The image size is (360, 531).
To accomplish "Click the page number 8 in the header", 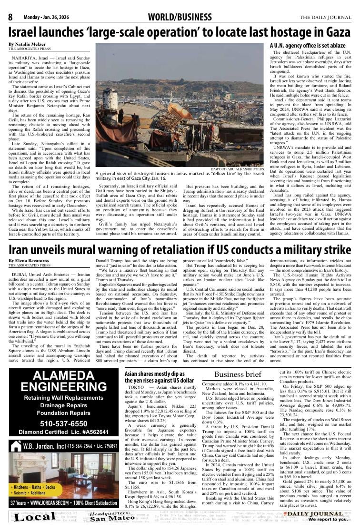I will (x=10, y=18).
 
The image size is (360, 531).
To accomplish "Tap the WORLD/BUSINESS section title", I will (x=180, y=18).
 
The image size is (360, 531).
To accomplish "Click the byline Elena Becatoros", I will (x=29, y=261).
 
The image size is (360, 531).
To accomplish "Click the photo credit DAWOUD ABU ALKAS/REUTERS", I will (x=237, y=169).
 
